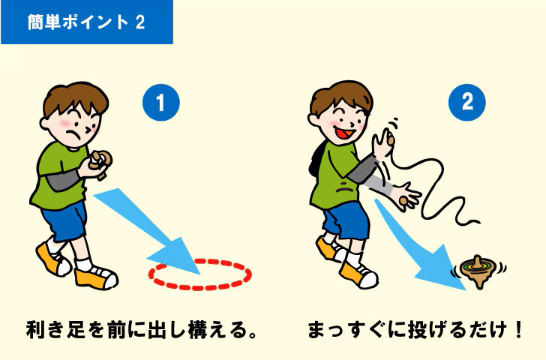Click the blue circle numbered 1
click(x=160, y=102)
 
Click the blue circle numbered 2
click(x=467, y=102)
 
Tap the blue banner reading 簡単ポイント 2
click(x=87, y=22)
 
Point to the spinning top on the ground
click(x=478, y=271)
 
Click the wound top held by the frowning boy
click(x=100, y=163)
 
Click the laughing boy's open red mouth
click(x=345, y=133)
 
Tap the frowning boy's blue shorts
click(x=64, y=221)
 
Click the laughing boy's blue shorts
click(x=346, y=220)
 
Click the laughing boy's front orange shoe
click(x=358, y=275)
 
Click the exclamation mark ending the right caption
click(x=517, y=330)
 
